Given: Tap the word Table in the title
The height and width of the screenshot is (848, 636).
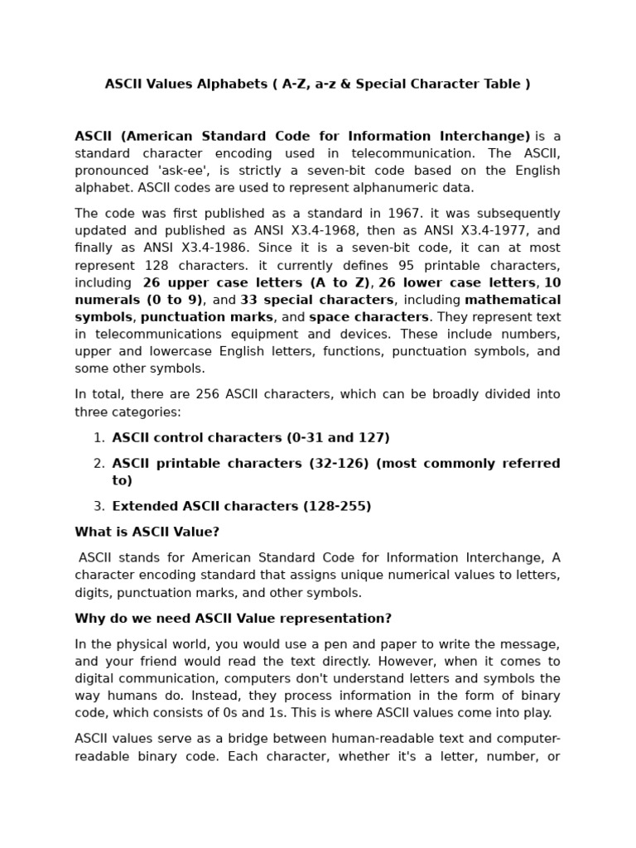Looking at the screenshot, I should pyautogui.click(x=501, y=84).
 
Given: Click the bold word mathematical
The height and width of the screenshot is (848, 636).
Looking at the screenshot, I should pyautogui.click(x=513, y=300).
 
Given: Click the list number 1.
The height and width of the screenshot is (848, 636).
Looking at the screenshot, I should pyautogui.click(x=98, y=437).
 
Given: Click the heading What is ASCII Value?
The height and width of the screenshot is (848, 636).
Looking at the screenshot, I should pyautogui.click(x=147, y=532).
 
